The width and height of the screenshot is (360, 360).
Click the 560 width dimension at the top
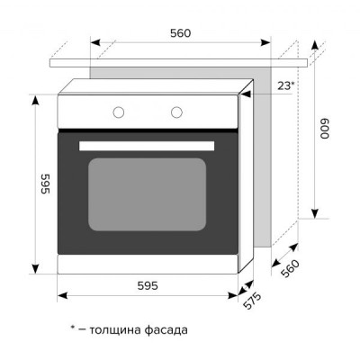click(x=180, y=33)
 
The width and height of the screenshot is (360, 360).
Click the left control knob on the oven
click(x=118, y=112)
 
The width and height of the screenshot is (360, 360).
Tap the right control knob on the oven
click(x=176, y=112)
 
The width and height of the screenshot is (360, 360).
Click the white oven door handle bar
click(x=147, y=146)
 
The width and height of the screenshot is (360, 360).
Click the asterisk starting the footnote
click(x=72, y=328)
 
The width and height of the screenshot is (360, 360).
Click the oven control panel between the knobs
click(x=147, y=112)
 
